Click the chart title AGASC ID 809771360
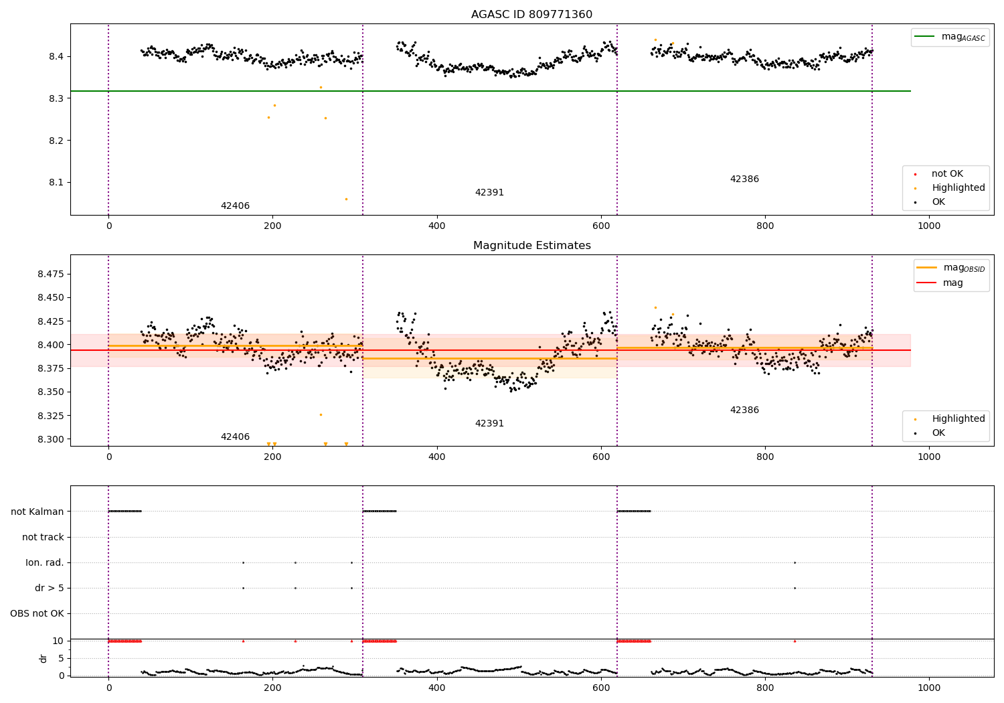531,15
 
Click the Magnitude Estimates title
531,246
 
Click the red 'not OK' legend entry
947,174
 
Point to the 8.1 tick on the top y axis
56,183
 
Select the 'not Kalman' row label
37,512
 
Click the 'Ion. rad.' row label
45,562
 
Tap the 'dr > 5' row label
50,588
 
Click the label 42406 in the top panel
235,206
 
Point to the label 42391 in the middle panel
489,424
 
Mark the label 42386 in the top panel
744,179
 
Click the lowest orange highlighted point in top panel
346,199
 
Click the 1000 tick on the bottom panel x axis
929,687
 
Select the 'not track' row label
43,537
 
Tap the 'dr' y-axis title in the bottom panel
44,658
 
